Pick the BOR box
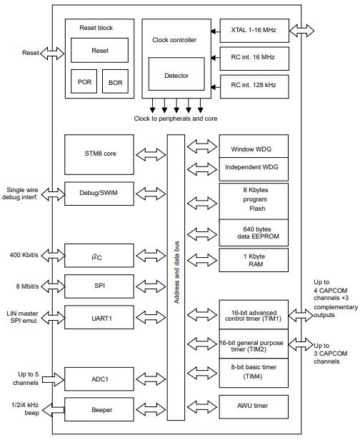point(115,82)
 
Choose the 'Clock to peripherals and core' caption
point(175,118)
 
